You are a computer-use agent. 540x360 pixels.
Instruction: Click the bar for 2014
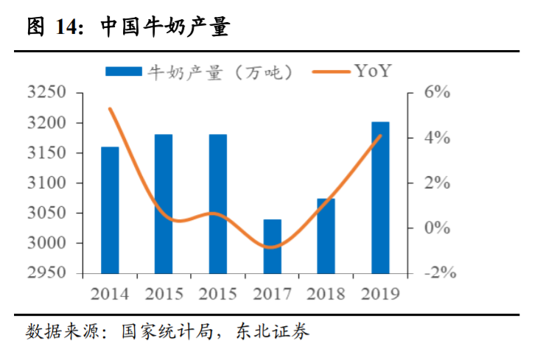click(x=110, y=210)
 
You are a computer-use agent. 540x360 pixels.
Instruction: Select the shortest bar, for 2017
click(x=272, y=247)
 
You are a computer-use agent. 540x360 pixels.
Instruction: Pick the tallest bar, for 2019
click(x=380, y=197)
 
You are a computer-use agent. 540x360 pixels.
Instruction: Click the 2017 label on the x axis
click(x=272, y=294)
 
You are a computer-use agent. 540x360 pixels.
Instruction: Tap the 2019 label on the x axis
click(x=380, y=294)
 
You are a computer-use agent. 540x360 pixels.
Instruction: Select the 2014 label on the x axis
click(x=110, y=294)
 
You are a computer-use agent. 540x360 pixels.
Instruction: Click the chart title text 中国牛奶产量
click(x=165, y=28)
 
